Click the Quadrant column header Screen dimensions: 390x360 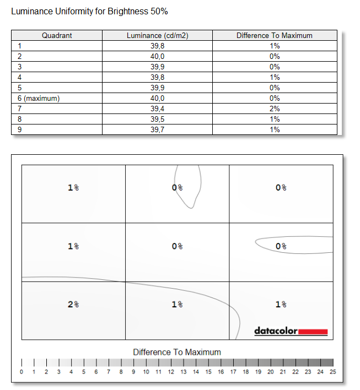(x=57, y=35)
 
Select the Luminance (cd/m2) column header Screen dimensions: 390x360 (x=157, y=35)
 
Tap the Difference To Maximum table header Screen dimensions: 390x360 (x=274, y=35)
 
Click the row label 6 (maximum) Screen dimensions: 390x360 (x=39, y=98)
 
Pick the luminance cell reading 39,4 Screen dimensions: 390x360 (x=157, y=109)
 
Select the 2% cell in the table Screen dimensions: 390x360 (x=274, y=109)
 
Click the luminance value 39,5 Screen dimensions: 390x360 (x=157, y=119)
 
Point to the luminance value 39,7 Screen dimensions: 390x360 (x=157, y=129)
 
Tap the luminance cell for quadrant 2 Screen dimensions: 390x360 (x=157, y=56)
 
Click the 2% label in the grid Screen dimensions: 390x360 (x=73, y=304)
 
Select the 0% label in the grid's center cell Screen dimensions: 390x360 (x=177, y=246)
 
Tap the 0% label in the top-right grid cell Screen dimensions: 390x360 (x=281, y=187)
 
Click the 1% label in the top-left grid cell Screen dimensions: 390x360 (x=73, y=187)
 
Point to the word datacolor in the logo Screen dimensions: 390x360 (x=276, y=331)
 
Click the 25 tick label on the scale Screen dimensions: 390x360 (x=332, y=372)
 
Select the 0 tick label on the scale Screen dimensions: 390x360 (x=22, y=372)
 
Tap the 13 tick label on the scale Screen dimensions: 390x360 (x=183, y=372)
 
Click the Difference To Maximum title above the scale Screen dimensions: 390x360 (x=177, y=352)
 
